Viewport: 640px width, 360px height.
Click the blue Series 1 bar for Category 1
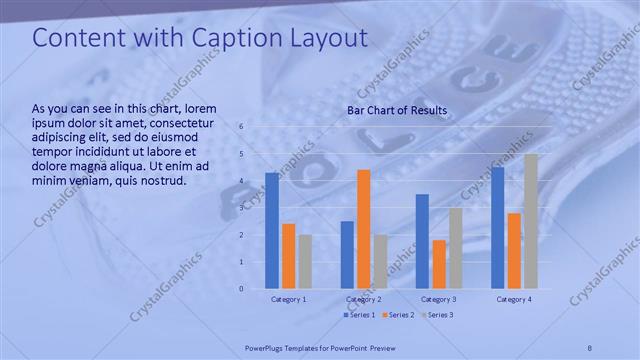click(272, 231)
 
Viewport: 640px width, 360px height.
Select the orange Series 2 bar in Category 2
click(363, 229)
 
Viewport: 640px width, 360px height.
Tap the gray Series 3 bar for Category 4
click(530, 221)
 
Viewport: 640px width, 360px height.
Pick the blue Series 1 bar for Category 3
click(422, 241)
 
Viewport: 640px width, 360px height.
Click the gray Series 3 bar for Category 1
click(304, 261)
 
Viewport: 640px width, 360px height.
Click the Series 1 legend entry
click(361, 315)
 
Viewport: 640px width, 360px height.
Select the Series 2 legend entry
click(399, 315)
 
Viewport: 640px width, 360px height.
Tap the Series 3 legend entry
click(437, 315)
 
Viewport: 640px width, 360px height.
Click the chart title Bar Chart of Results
click(397, 110)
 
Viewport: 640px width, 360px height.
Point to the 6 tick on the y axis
click(241, 126)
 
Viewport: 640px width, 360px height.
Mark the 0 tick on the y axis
click(241, 289)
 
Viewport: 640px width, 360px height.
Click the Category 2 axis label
click(363, 299)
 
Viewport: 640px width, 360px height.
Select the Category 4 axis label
click(514, 299)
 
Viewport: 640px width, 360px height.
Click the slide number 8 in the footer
click(590, 348)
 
